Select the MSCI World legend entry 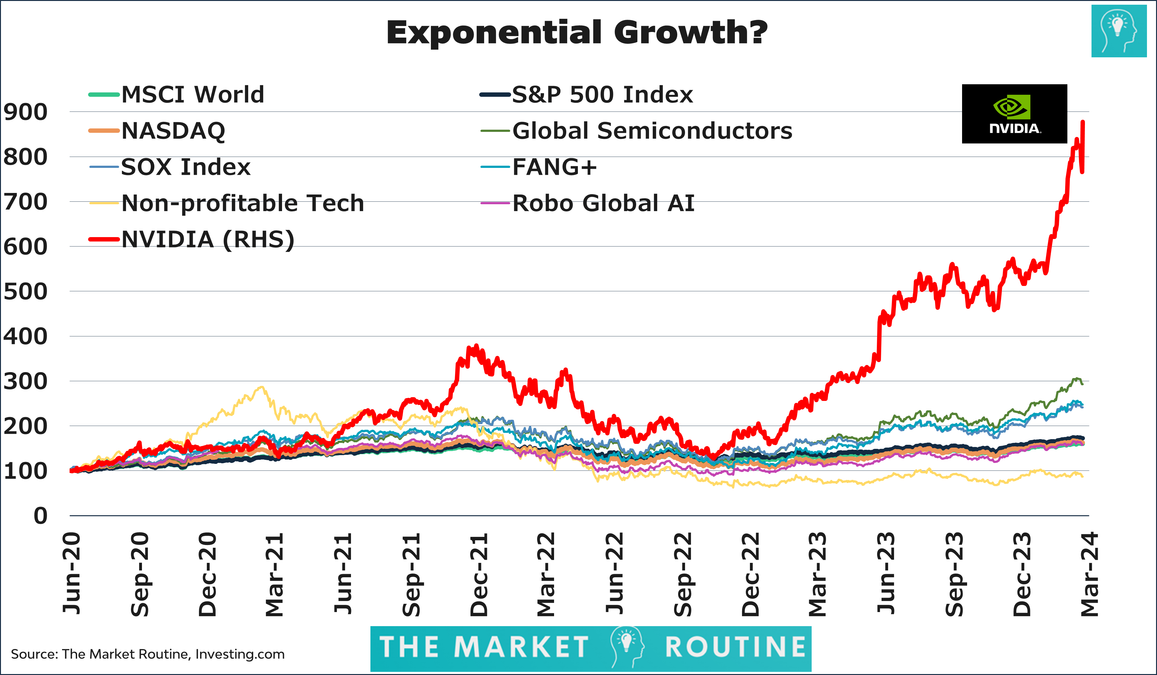192,95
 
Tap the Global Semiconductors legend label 652,131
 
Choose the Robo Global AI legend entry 603,203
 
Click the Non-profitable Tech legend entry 243,203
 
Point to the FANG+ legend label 554,167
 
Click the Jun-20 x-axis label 72,574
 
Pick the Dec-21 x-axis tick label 479,574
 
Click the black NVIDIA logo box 1014,114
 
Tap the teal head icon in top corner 1118,31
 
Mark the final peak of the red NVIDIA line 1083,122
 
